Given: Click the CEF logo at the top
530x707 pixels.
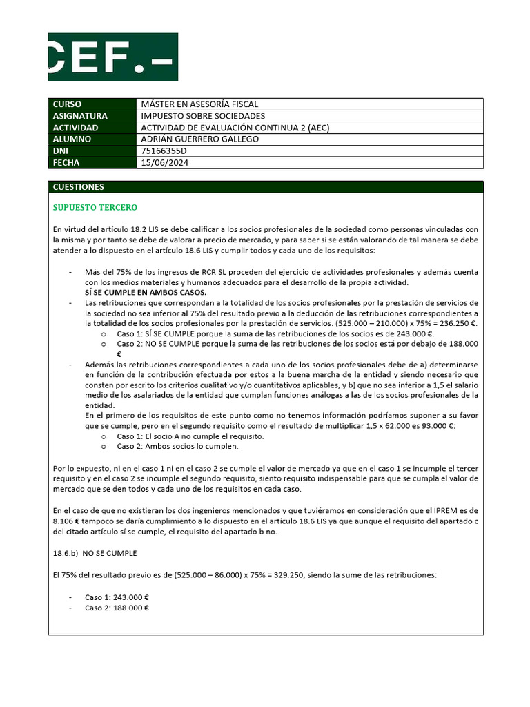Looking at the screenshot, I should point(112,57).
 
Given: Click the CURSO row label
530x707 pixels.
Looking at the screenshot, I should point(67,104).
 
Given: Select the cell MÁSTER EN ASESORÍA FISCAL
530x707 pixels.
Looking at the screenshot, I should point(199,104).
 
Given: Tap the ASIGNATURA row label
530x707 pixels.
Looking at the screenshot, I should point(80,116).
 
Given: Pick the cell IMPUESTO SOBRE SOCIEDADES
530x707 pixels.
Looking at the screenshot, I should point(203,116).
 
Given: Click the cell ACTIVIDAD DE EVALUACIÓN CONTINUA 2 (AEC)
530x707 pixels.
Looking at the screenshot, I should point(235,128).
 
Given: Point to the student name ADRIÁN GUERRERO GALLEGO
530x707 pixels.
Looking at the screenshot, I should point(200,139).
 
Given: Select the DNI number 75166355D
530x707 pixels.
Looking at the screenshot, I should point(164,151).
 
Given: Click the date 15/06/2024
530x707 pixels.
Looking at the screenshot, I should point(164,163).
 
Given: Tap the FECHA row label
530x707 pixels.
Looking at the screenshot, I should point(66,163).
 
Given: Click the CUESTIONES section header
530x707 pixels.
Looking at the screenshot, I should point(79,187).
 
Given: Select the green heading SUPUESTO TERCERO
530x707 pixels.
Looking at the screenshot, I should point(95,207).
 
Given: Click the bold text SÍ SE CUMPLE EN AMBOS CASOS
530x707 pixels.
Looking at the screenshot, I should point(146,292).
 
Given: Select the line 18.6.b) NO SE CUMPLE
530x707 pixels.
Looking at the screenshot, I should point(95,553).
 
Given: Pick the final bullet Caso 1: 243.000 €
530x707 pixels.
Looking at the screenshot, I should point(117,597).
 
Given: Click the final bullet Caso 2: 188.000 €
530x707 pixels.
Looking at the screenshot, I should point(117,608).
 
